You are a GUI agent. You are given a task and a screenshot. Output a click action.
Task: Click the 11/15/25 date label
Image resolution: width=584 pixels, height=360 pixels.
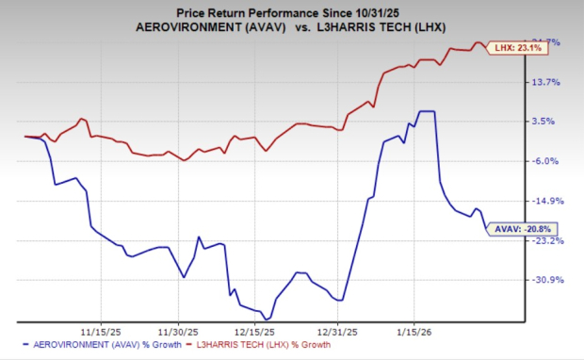(98, 332)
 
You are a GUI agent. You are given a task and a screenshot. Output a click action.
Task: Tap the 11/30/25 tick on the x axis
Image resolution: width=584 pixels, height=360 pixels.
(178, 332)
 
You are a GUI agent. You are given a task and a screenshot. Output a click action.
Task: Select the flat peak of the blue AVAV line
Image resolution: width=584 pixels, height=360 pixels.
(427, 111)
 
